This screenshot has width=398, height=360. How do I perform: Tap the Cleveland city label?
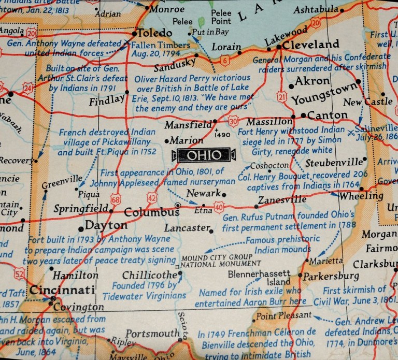coord(311,45)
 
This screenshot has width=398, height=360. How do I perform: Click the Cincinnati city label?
coord(62,290)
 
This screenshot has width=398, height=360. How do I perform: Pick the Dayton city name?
coord(106,226)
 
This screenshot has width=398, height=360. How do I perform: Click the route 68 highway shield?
coord(116,199)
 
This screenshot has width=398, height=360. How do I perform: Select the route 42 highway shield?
coord(152,197)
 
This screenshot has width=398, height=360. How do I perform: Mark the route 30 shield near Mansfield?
coord(234,121)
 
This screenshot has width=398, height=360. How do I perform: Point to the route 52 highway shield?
coord(20,273)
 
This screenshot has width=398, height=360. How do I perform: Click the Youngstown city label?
coord(324,98)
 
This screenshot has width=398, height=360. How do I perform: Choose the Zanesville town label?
coord(282,199)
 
